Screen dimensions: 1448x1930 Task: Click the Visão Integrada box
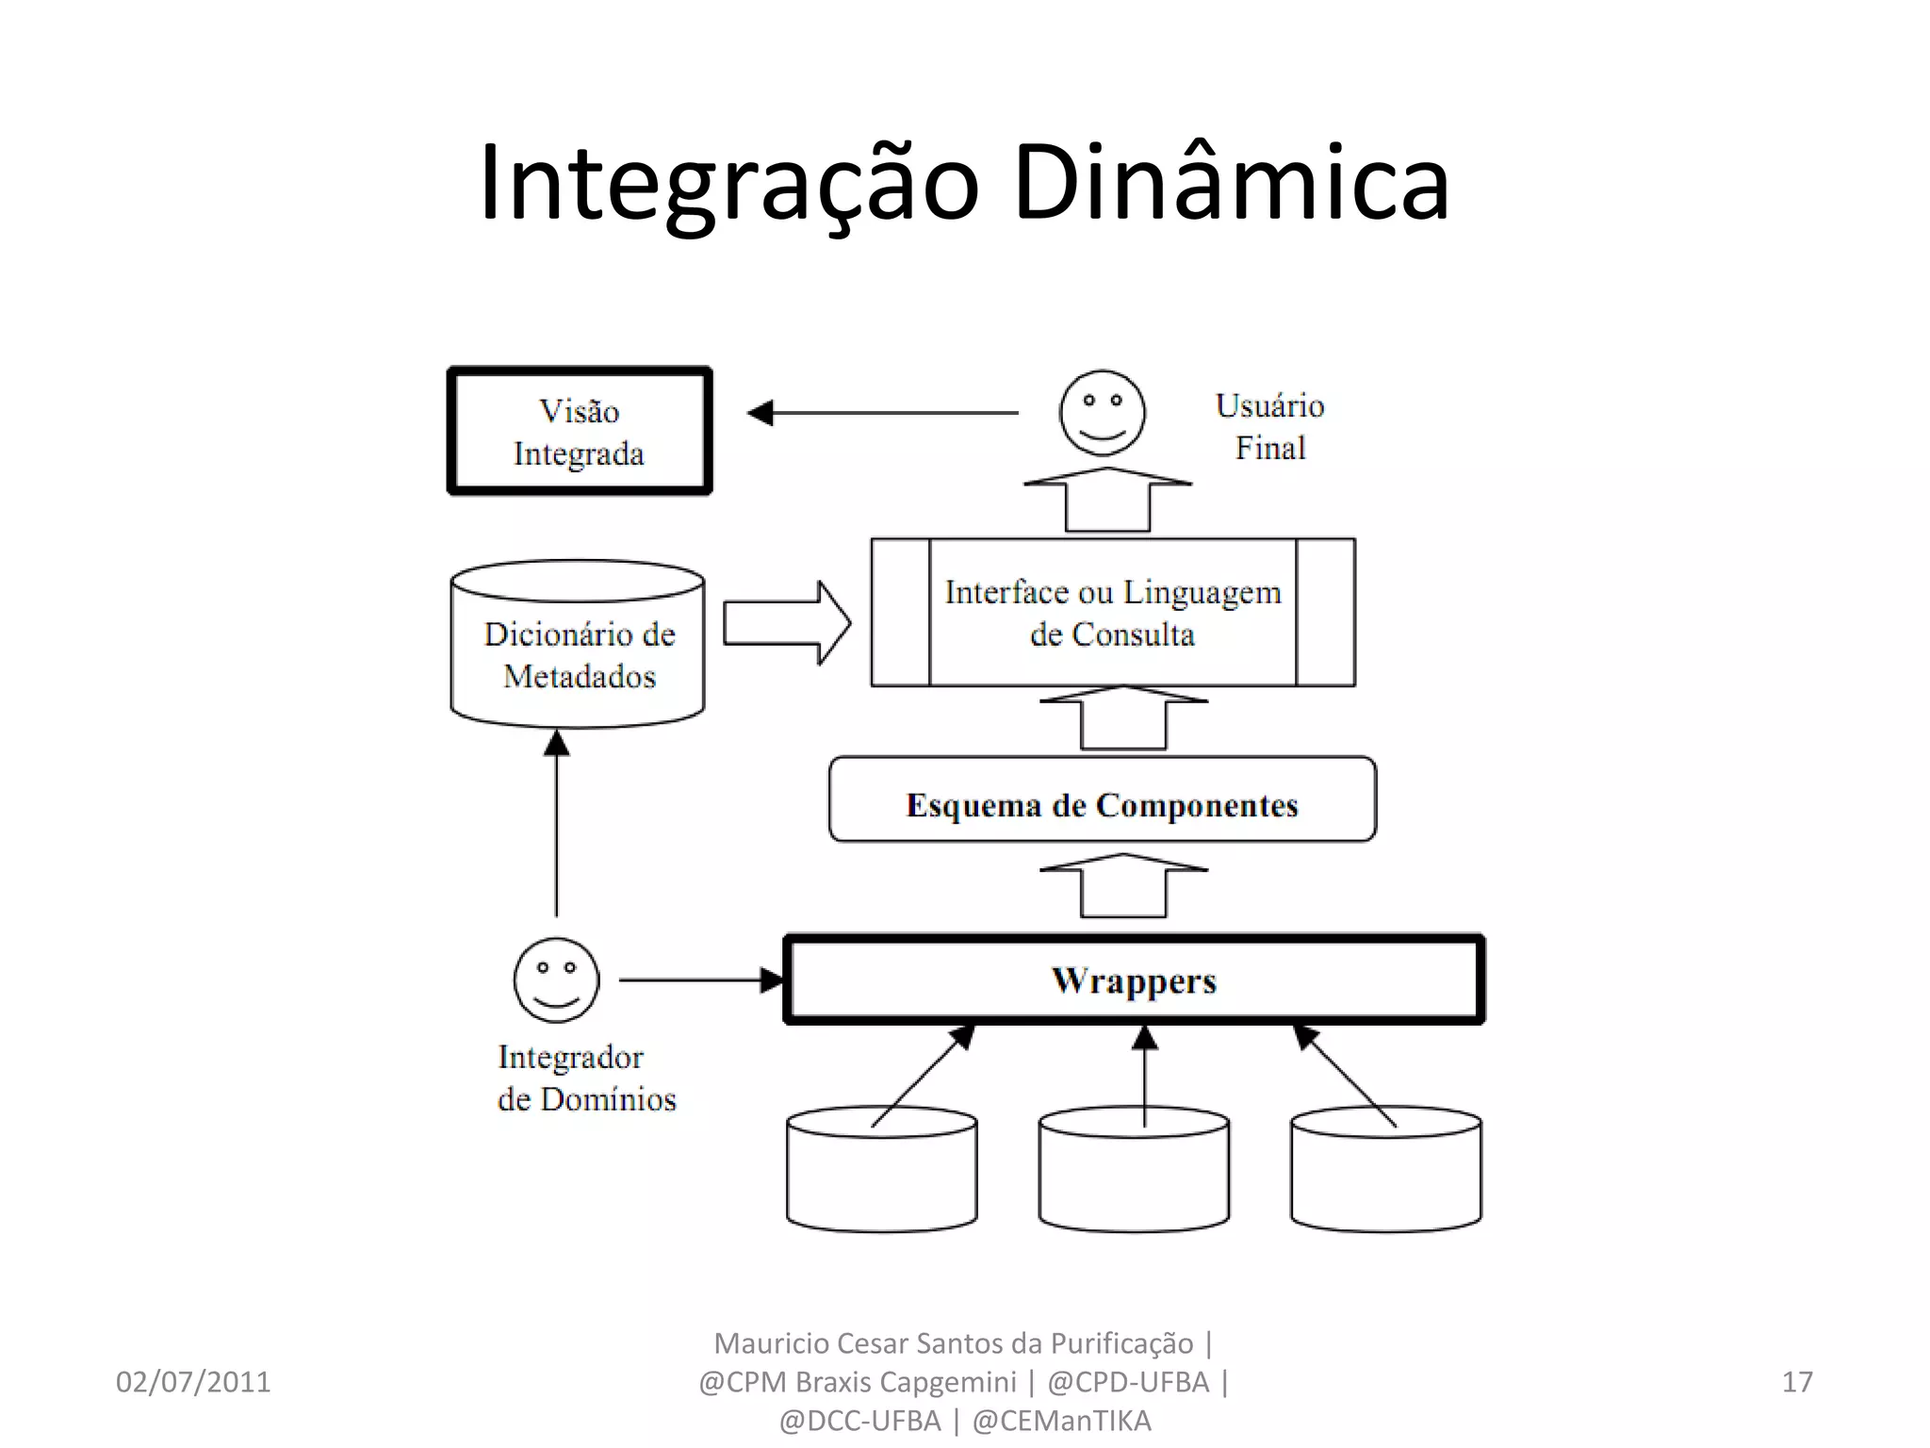coord(579,431)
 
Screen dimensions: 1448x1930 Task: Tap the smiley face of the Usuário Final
coord(1102,413)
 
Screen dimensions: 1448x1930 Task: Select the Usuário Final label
coord(1269,426)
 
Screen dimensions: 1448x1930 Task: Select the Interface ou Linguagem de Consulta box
coord(1113,613)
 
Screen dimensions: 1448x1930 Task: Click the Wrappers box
coord(1134,979)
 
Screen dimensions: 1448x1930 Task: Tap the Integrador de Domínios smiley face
coord(556,979)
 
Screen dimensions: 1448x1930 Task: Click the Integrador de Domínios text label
coord(586,1078)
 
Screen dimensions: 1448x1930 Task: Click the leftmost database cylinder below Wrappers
coord(881,1178)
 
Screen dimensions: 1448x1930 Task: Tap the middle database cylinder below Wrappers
coord(1134,1178)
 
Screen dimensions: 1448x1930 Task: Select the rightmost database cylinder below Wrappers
coord(1385,1178)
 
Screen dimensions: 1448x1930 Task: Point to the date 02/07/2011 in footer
coord(193,1382)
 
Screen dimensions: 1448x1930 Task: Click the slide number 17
coord(1796,1382)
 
